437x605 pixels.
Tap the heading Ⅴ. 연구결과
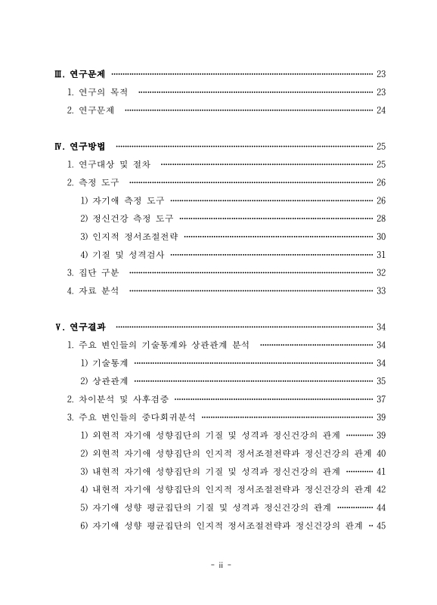(x=81, y=327)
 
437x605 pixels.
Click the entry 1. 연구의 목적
(x=98, y=92)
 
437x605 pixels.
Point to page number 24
(x=381, y=110)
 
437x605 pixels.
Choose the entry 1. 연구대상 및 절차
(x=110, y=164)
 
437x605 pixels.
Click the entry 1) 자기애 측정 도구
(x=122, y=200)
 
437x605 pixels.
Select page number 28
(x=381, y=219)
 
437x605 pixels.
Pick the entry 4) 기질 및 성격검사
(x=122, y=255)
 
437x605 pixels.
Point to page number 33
(x=381, y=291)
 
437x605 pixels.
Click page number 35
(x=381, y=381)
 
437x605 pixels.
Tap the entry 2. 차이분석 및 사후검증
(x=118, y=399)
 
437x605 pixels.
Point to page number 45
(x=381, y=526)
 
